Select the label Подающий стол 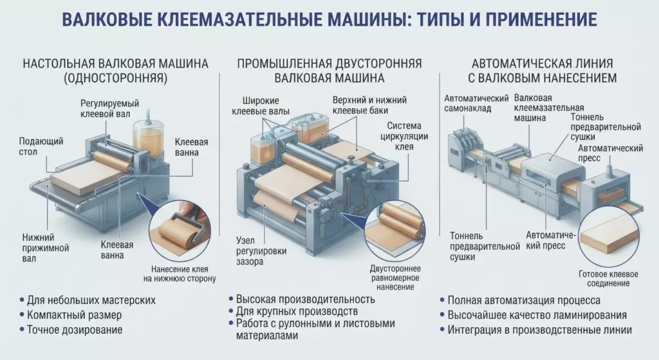tap(41, 146)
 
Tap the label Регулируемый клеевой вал tap(109, 108)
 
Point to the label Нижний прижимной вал tap(46, 248)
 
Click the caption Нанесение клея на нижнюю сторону tap(180, 274)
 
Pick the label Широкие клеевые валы tap(261, 106)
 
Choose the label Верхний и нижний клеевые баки tap(369, 106)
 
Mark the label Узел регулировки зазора tap(261, 251)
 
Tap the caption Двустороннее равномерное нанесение tap(395, 278)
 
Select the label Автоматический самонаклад tap(477, 104)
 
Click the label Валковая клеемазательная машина tap(548, 108)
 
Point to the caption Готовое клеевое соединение tap(608, 279)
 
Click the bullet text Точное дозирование tap(75, 330)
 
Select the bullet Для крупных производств tap(297, 312)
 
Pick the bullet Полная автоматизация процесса tap(524, 300)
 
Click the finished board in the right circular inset tap(609, 238)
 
